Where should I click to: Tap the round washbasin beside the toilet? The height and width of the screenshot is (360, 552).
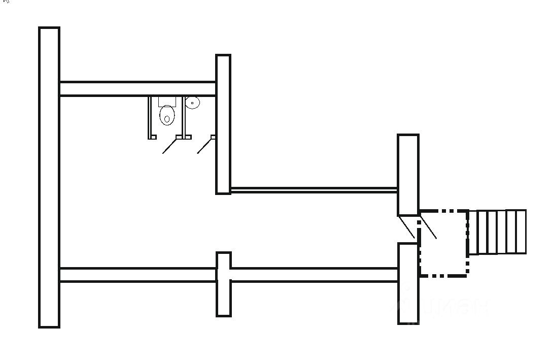[192, 103]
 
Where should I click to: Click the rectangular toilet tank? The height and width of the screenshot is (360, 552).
[167, 101]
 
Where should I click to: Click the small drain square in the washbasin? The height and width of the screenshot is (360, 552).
[192, 103]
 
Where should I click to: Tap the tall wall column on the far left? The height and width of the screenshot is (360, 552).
[49, 177]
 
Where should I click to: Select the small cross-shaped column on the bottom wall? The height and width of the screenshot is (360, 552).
[223, 284]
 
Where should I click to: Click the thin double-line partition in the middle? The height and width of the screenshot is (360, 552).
[314, 190]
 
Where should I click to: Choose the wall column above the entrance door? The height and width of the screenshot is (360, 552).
[408, 175]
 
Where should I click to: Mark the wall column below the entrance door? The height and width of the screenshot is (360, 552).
[408, 283]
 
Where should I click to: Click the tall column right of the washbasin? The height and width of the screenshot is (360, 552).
[223, 124]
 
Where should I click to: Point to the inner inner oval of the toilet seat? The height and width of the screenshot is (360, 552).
[167, 120]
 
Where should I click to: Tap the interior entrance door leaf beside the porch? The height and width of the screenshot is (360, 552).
[407, 227]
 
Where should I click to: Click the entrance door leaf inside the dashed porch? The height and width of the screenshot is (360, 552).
[429, 226]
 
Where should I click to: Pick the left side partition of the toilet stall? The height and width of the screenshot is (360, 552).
[150, 117]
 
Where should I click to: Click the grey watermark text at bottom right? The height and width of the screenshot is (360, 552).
[446, 307]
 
